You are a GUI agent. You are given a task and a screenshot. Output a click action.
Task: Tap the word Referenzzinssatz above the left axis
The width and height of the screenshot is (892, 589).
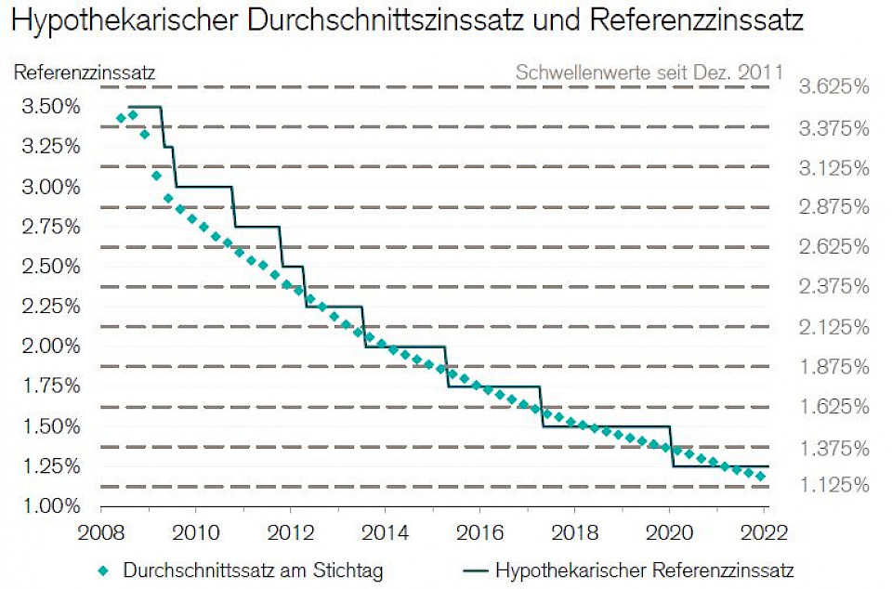85,71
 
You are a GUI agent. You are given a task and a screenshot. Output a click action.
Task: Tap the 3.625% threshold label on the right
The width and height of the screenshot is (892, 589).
833,87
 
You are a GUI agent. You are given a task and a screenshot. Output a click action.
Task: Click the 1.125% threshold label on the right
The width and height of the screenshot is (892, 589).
833,485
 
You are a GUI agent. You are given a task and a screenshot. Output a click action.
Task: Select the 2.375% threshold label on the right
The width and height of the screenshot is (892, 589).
833,287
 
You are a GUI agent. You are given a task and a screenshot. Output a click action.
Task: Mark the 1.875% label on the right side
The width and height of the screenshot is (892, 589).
833,367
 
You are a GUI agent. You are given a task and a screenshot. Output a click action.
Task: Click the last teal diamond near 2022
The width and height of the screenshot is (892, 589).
761,477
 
